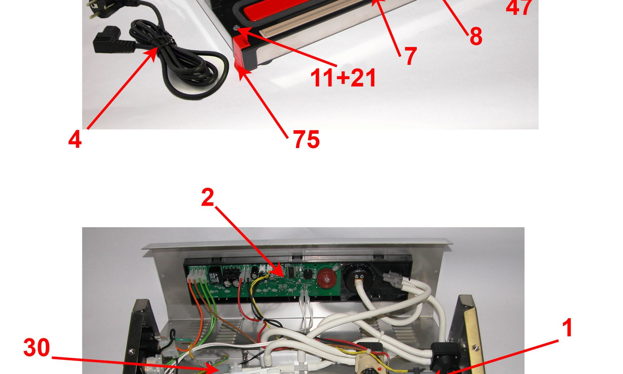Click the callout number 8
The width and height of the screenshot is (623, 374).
pyautogui.click(x=476, y=36)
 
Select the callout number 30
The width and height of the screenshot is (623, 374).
pyautogui.click(x=36, y=348)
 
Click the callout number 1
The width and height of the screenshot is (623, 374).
pyautogui.click(x=568, y=328)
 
